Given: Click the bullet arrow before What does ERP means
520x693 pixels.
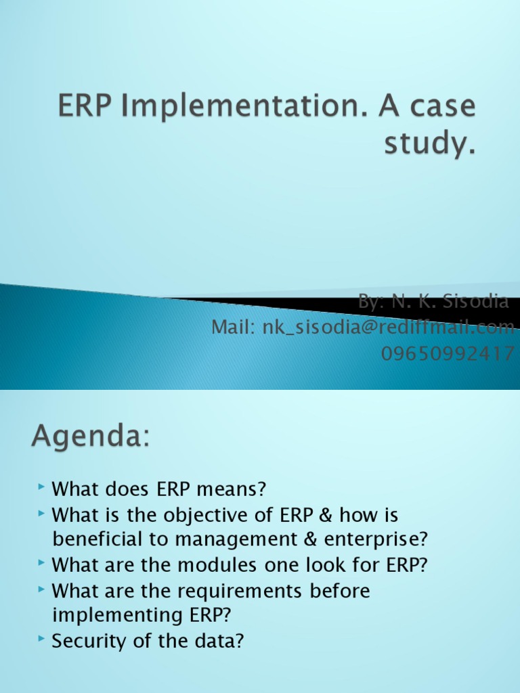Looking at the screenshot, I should coord(43,487).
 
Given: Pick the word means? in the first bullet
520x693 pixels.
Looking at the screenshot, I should coord(238,489).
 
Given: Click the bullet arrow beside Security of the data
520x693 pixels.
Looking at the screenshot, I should coord(43,639).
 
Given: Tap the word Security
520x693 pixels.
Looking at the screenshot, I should coord(89,641).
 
